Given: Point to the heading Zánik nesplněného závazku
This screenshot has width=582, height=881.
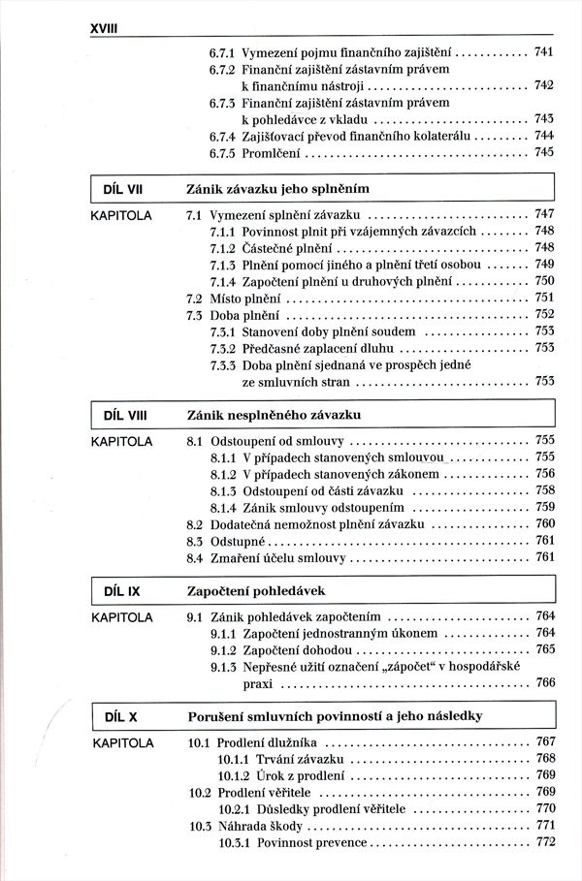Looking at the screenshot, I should (274, 415).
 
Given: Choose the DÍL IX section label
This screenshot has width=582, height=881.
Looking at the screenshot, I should (122, 589).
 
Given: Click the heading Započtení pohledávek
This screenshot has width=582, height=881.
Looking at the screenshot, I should (257, 589).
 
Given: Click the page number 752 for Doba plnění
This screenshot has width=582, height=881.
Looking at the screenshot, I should (544, 314).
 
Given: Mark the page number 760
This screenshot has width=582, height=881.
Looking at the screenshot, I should (544, 523).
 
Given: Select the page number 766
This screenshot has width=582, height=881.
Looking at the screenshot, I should (544, 683).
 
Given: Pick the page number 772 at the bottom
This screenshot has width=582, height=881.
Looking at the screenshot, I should (544, 842).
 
